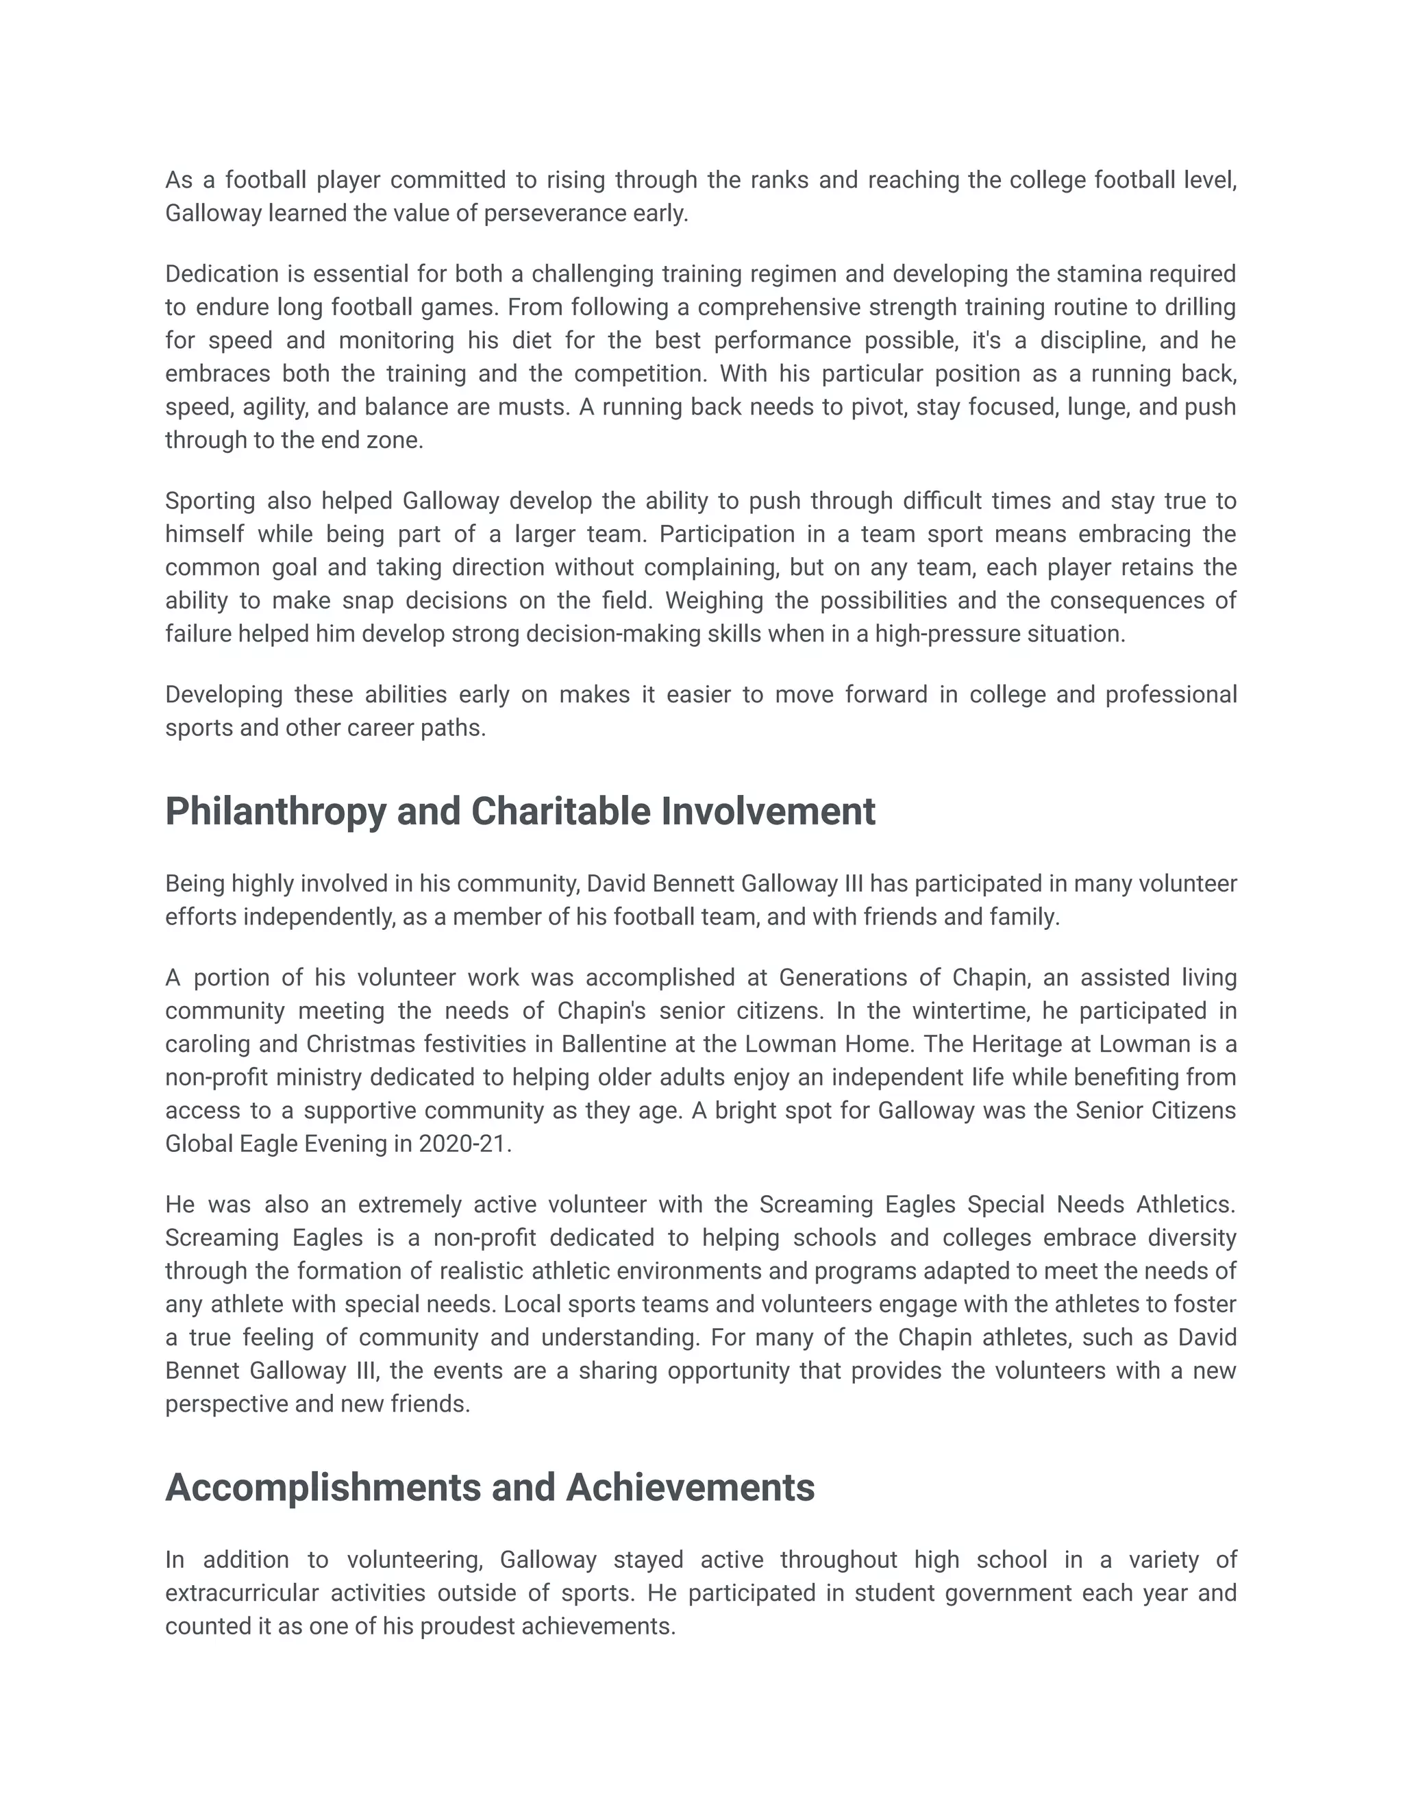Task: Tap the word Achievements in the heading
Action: point(690,1488)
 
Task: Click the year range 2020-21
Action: point(463,1144)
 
